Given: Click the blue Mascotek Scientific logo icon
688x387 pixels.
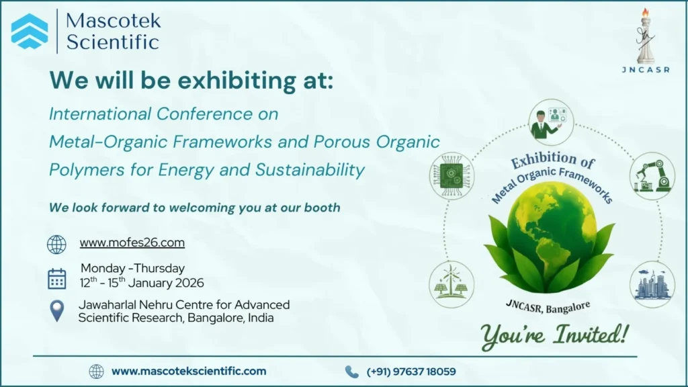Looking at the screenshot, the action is [x=30, y=31].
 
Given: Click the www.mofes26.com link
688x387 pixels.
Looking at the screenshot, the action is [x=132, y=243].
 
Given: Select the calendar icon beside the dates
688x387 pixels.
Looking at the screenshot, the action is [x=56, y=279].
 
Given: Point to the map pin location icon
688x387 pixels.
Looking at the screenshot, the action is [x=57, y=311].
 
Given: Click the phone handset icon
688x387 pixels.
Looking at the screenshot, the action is [x=351, y=372].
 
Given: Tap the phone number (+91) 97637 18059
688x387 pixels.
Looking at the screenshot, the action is [x=411, y=372].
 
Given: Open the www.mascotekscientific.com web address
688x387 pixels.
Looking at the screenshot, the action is [x=189, y=371].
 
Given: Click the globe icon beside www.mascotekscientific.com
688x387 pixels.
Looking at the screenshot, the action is [x=97, y=372].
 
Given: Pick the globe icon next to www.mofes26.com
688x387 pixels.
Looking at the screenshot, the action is [x=56, y=245].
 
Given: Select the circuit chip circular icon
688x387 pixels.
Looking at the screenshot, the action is [x=451, y=176].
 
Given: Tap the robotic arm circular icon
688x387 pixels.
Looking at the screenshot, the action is [x=652, y=176].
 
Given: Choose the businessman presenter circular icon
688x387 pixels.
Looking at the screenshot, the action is [x=551, y=122].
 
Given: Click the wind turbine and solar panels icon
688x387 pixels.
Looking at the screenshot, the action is [x=451, y=284].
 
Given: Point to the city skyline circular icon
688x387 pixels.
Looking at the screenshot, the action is [x=652, y=284].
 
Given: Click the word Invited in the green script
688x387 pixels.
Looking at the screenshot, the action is [x=591, y=335].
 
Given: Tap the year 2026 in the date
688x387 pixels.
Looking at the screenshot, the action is [x=189, y=283].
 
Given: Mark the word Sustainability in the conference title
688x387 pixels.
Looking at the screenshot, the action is [x=310, y=170].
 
